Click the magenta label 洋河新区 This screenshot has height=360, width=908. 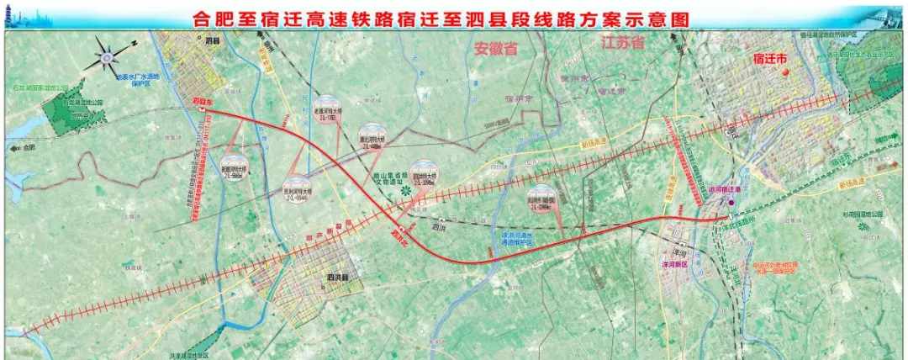click(x=673, y=263)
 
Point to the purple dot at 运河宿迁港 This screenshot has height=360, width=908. click(x=731, y=201)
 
